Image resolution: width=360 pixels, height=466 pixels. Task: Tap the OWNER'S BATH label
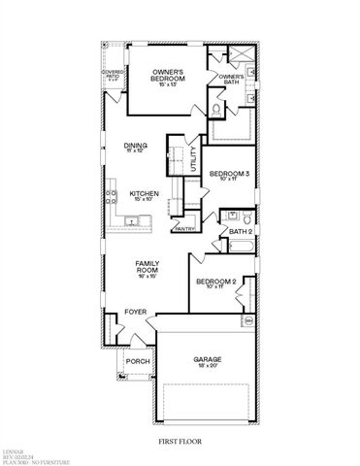pyautogui.click(x=231, y=79)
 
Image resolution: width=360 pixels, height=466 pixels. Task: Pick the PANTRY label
pyautogui.click(x=185, y=228)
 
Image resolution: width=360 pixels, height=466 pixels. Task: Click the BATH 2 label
pyautogui.click(x=241, y=232)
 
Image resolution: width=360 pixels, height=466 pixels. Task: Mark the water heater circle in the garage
pyautogui.click(x=248, y=319)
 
